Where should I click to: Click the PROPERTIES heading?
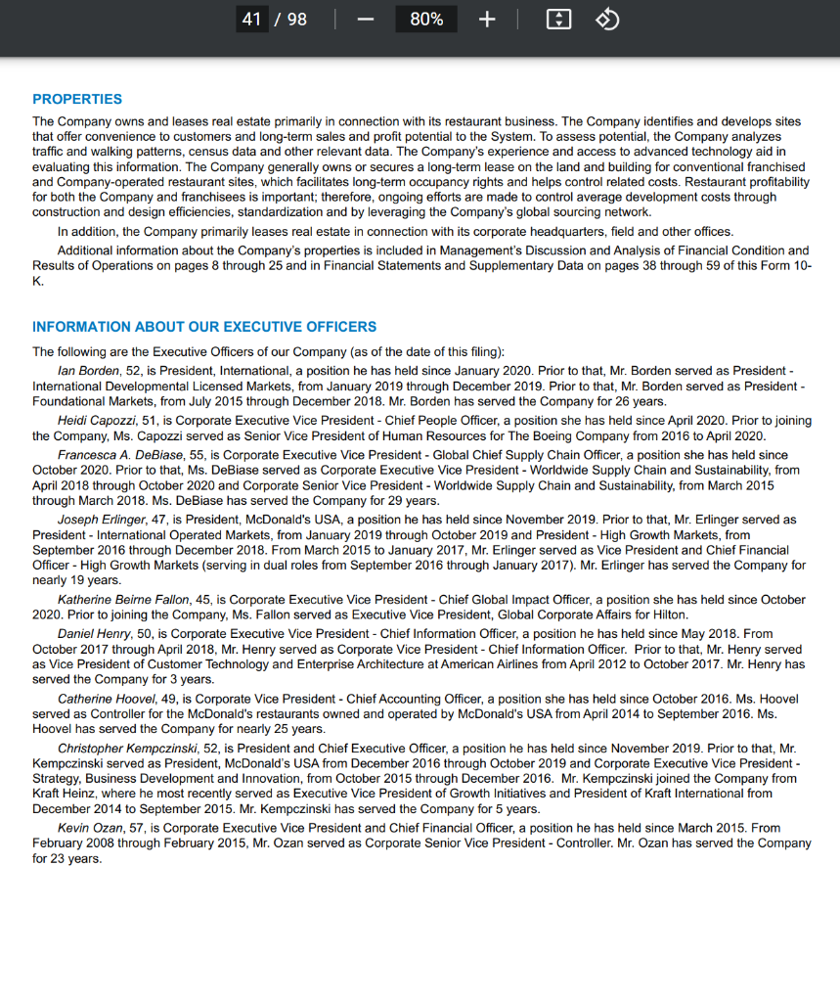point(77,99)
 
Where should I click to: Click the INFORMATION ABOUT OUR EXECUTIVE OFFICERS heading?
point(204,327)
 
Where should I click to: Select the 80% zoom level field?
point(426,20)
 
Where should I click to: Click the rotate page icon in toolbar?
point(607,20)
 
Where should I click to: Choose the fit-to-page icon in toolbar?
point(558,20)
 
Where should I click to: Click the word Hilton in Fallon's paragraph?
point(671,615)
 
